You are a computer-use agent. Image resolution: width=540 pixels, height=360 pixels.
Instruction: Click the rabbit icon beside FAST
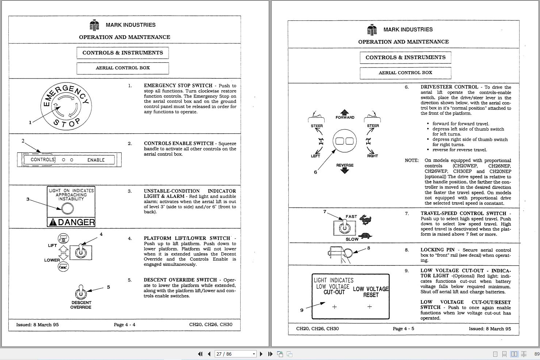[x=365, y=220]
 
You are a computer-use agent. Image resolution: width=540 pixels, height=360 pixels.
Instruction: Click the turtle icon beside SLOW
[x=365, y=235]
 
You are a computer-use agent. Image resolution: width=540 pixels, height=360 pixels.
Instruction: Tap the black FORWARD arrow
[x=345, y=112]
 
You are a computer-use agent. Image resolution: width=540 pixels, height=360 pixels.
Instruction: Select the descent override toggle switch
[x=81, y=292]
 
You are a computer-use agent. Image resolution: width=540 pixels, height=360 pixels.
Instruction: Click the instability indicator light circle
[x=67, y=208]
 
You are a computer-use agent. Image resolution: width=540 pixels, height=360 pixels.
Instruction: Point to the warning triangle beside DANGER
[x=53, y=222]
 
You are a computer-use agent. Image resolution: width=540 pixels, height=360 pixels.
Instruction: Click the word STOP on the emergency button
[x=67, y=123]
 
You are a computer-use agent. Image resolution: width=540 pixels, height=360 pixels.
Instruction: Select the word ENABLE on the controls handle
[x=96, y=160]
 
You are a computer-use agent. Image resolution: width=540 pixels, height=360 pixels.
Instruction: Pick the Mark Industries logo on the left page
[x=94, y=25]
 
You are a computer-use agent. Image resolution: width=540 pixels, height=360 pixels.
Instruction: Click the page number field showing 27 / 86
[x=235, y=354]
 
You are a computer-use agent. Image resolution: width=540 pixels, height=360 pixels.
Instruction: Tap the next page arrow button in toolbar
[x=261, y=354]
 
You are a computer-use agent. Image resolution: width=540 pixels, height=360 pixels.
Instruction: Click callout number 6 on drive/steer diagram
[x=315, y=172]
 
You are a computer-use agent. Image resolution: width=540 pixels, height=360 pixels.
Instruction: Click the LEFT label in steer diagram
[x=315, y=156]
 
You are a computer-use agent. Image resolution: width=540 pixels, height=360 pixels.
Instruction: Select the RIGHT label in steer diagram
[x=372, y=156]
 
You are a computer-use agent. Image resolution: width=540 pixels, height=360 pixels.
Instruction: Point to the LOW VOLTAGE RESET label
[x=371, y=292]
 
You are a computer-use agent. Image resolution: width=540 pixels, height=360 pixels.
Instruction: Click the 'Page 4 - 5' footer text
[x=403, y=328]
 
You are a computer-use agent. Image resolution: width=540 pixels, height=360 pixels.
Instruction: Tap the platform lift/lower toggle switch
[x=81, y=252]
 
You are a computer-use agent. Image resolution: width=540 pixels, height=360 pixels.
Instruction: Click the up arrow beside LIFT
[x=64, y=248]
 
